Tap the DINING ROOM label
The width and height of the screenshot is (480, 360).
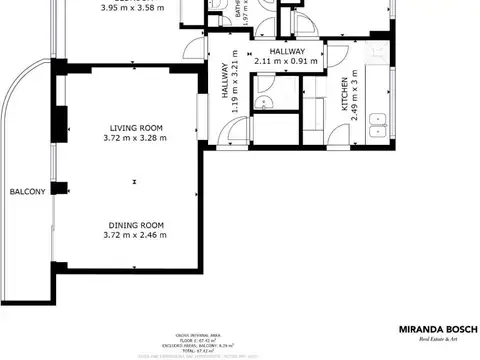point(135,224)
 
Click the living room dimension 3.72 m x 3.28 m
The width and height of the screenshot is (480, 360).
point(135,139)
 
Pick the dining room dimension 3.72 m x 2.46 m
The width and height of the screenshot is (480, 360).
point(135,236)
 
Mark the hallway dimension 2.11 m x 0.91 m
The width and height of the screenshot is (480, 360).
point(286,61)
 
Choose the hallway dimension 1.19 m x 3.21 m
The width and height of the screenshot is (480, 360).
point(236,84)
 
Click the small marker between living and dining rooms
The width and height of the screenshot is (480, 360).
point(135,181)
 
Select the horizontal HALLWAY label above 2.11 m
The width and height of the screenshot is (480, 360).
point(286,50)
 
